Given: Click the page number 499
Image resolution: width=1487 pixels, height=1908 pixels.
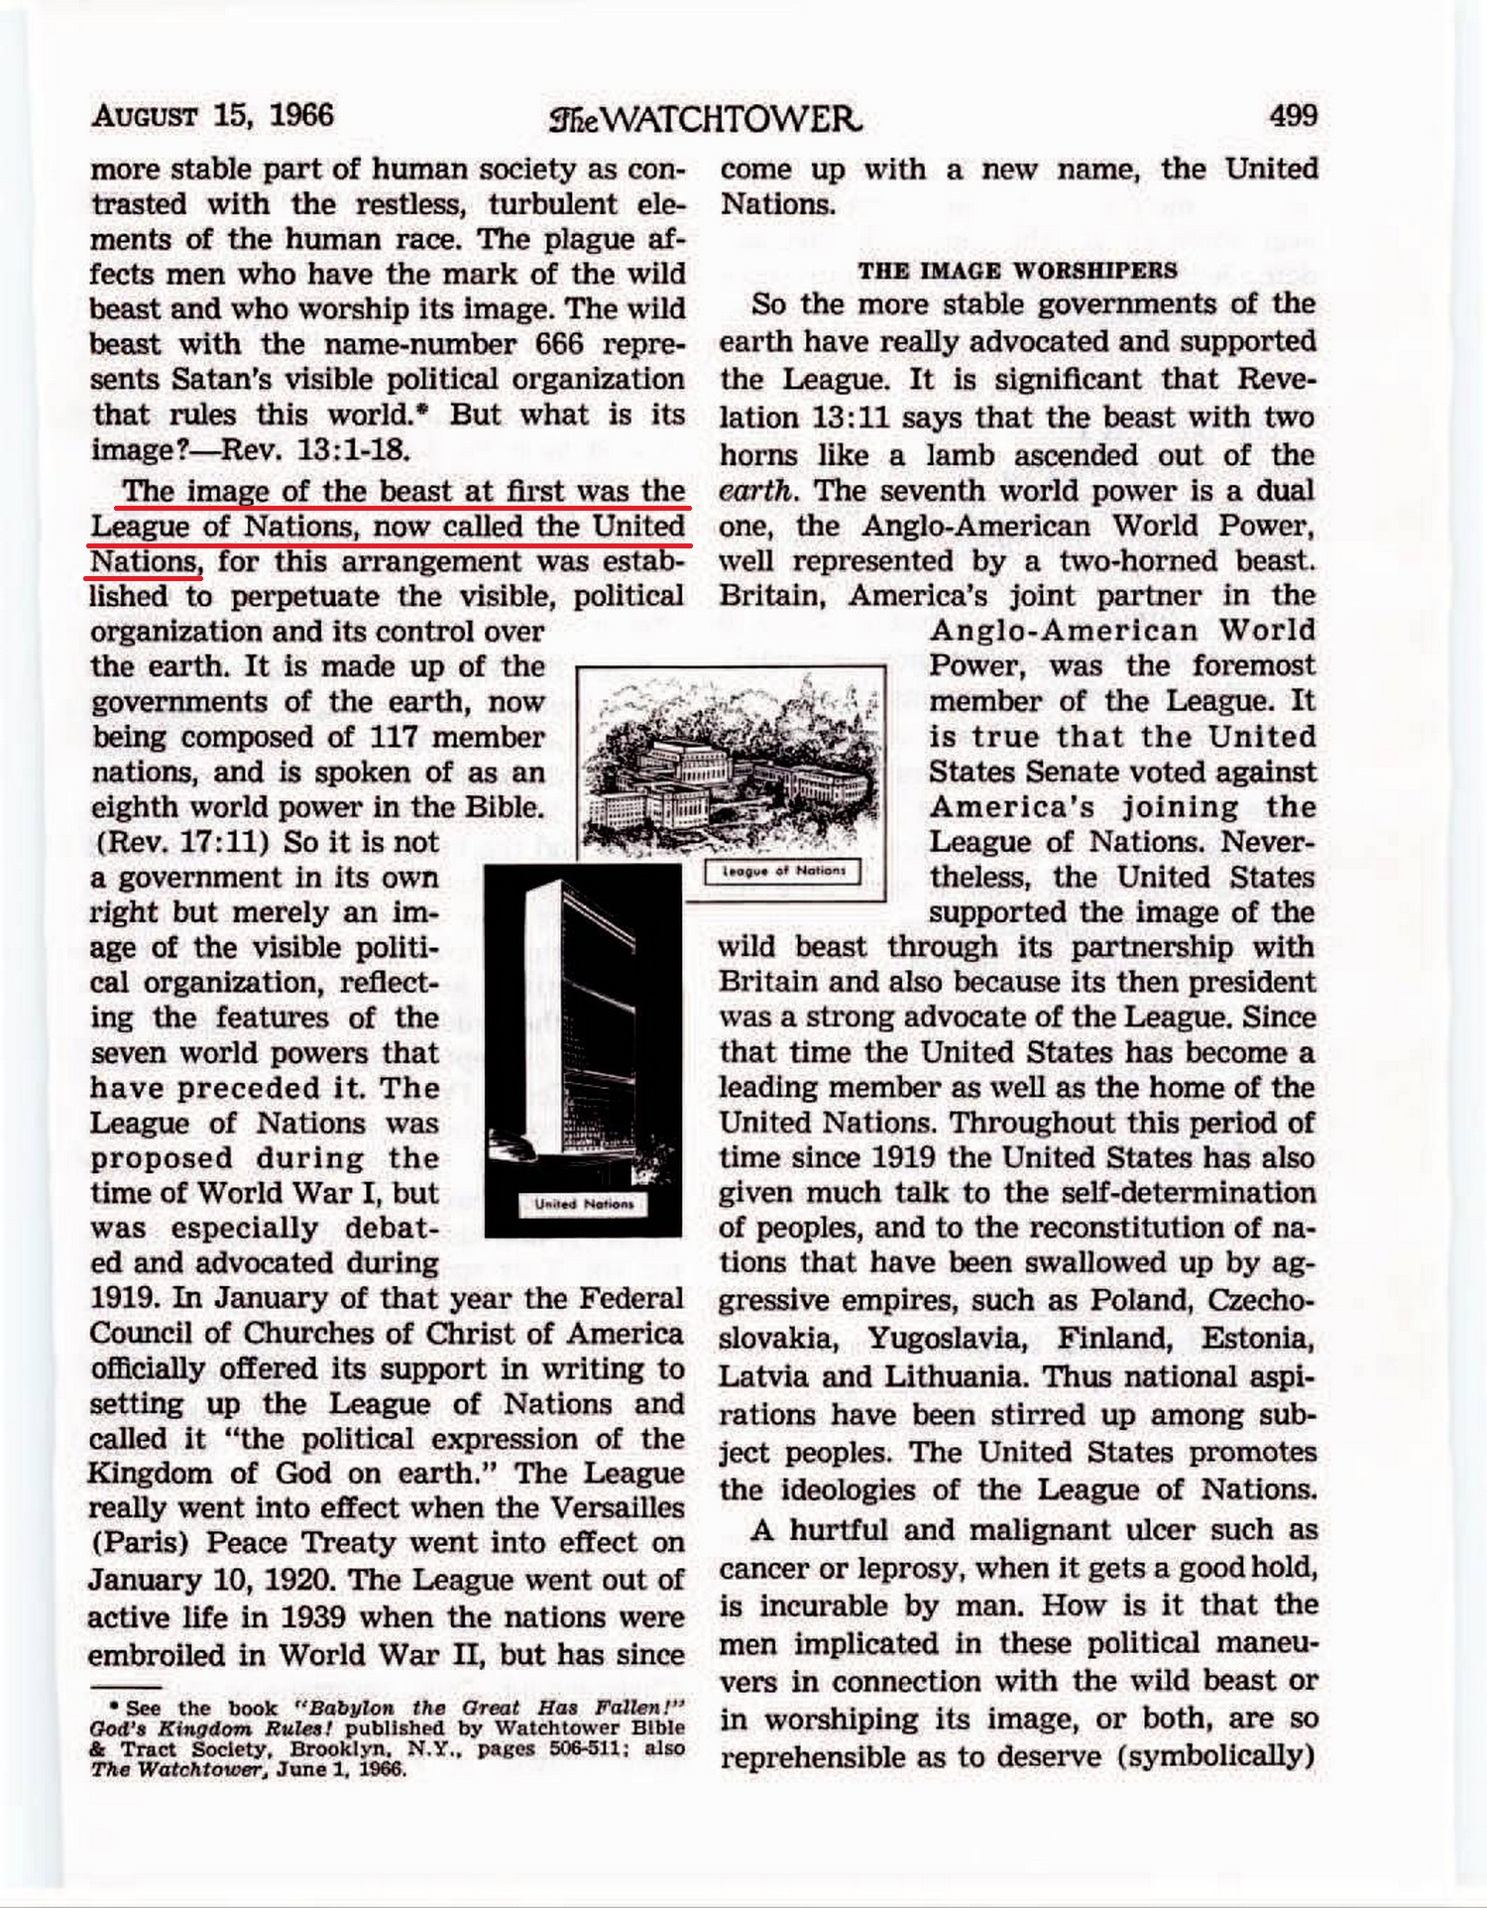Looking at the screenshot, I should point(1293,116).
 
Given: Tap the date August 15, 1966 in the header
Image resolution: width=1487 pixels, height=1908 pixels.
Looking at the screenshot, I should point(212,116).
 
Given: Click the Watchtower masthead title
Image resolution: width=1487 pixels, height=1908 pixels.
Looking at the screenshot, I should point(705,120).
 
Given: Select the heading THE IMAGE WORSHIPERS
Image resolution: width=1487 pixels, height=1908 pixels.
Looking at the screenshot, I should point(1018,271).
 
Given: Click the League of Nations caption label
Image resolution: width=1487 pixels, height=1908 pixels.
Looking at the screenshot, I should point(783,871).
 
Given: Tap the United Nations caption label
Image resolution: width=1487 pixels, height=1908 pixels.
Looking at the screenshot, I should point(583,1204).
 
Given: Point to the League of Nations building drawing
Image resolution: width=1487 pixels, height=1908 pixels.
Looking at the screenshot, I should point(731,764).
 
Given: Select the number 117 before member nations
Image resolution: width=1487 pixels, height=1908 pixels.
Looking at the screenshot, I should point(395,737).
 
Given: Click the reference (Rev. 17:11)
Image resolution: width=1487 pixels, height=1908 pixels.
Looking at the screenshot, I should point(179,843).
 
